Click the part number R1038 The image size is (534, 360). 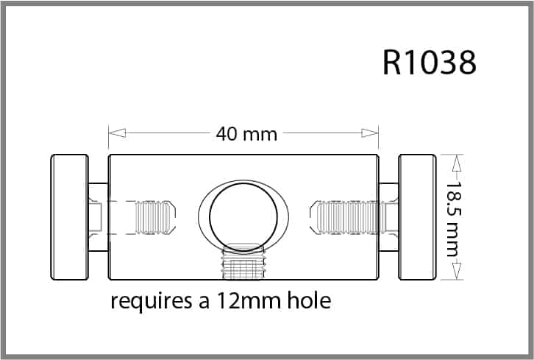430,63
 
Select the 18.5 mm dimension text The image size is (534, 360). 452,217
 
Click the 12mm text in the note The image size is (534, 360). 237,302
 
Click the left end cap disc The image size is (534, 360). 69,217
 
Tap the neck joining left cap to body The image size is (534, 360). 98,217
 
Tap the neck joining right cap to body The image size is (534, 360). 388,217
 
